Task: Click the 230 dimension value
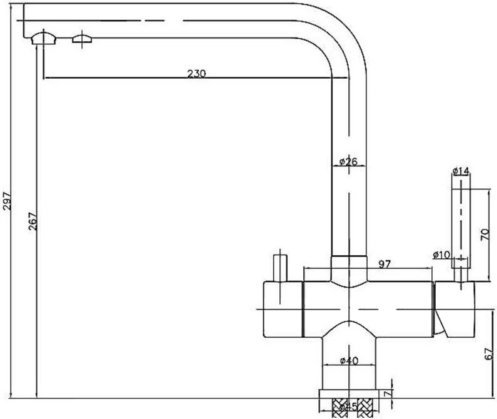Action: click(196, 73)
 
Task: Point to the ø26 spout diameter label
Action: click(348, 162)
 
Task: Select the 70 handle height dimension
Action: click(483, 235)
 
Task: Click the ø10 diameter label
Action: click(441, 255)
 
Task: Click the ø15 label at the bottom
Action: click(348, 407)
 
